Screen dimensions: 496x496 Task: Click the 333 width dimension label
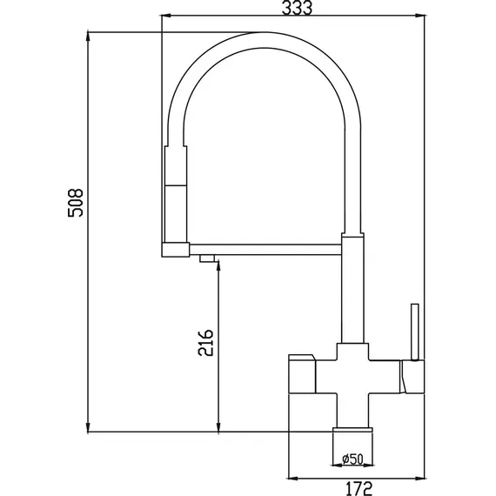[x=297, y=8]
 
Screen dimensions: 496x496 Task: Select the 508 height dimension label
[x=76, y=203]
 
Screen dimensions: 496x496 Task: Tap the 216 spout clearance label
[x=205, y=343]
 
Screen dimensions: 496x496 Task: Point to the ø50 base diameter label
[x=352, y=459]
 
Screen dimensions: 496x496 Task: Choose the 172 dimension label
[x=359, y=488]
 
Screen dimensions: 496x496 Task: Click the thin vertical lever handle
[x=415, y=332]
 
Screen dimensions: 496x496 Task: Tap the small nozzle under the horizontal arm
[x=207, y=258]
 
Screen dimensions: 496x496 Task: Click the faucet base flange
[x=352, y=430]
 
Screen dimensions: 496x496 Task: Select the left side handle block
[x=302, y=374]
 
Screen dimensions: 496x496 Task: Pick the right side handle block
[x=412, y=377]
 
